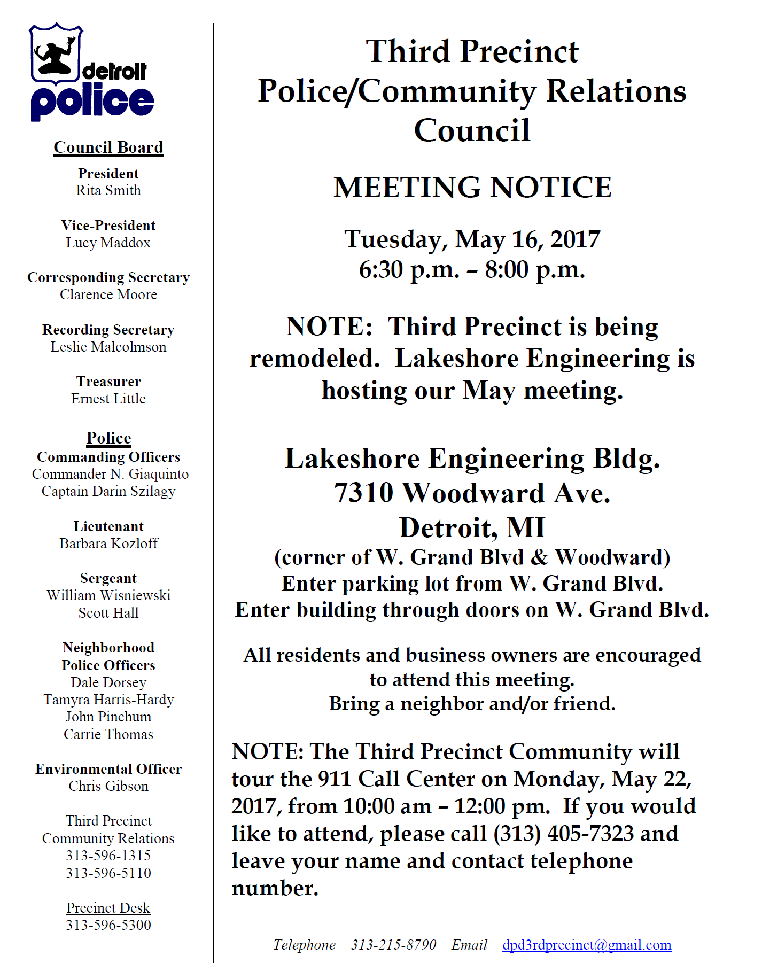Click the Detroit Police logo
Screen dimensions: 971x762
point(91,72)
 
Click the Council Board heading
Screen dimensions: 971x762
point(108,147)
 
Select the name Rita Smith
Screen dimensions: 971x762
point(108,191)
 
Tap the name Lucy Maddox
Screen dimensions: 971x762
point(108,243)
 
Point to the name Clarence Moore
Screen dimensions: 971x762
point(108,294)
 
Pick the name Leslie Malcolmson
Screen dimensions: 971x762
point(108,347)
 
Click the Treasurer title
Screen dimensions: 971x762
point(108,382)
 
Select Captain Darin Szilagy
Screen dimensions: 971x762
point(108,491)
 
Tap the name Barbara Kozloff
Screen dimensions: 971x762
point(108,543)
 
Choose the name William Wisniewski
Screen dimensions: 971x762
point(108,595)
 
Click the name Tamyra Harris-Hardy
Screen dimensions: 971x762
point(108,700)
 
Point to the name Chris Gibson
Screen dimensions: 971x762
point(108,786)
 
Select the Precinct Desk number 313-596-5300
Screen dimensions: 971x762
point(108,925)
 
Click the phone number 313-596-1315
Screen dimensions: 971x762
point(108,856)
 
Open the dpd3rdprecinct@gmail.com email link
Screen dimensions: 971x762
point(587,945)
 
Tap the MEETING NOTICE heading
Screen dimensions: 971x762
point(472,188)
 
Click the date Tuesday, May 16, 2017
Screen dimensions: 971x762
point(472,239)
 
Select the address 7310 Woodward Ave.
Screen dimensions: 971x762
point(472,493)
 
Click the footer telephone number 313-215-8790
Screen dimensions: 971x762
point(393,945)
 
